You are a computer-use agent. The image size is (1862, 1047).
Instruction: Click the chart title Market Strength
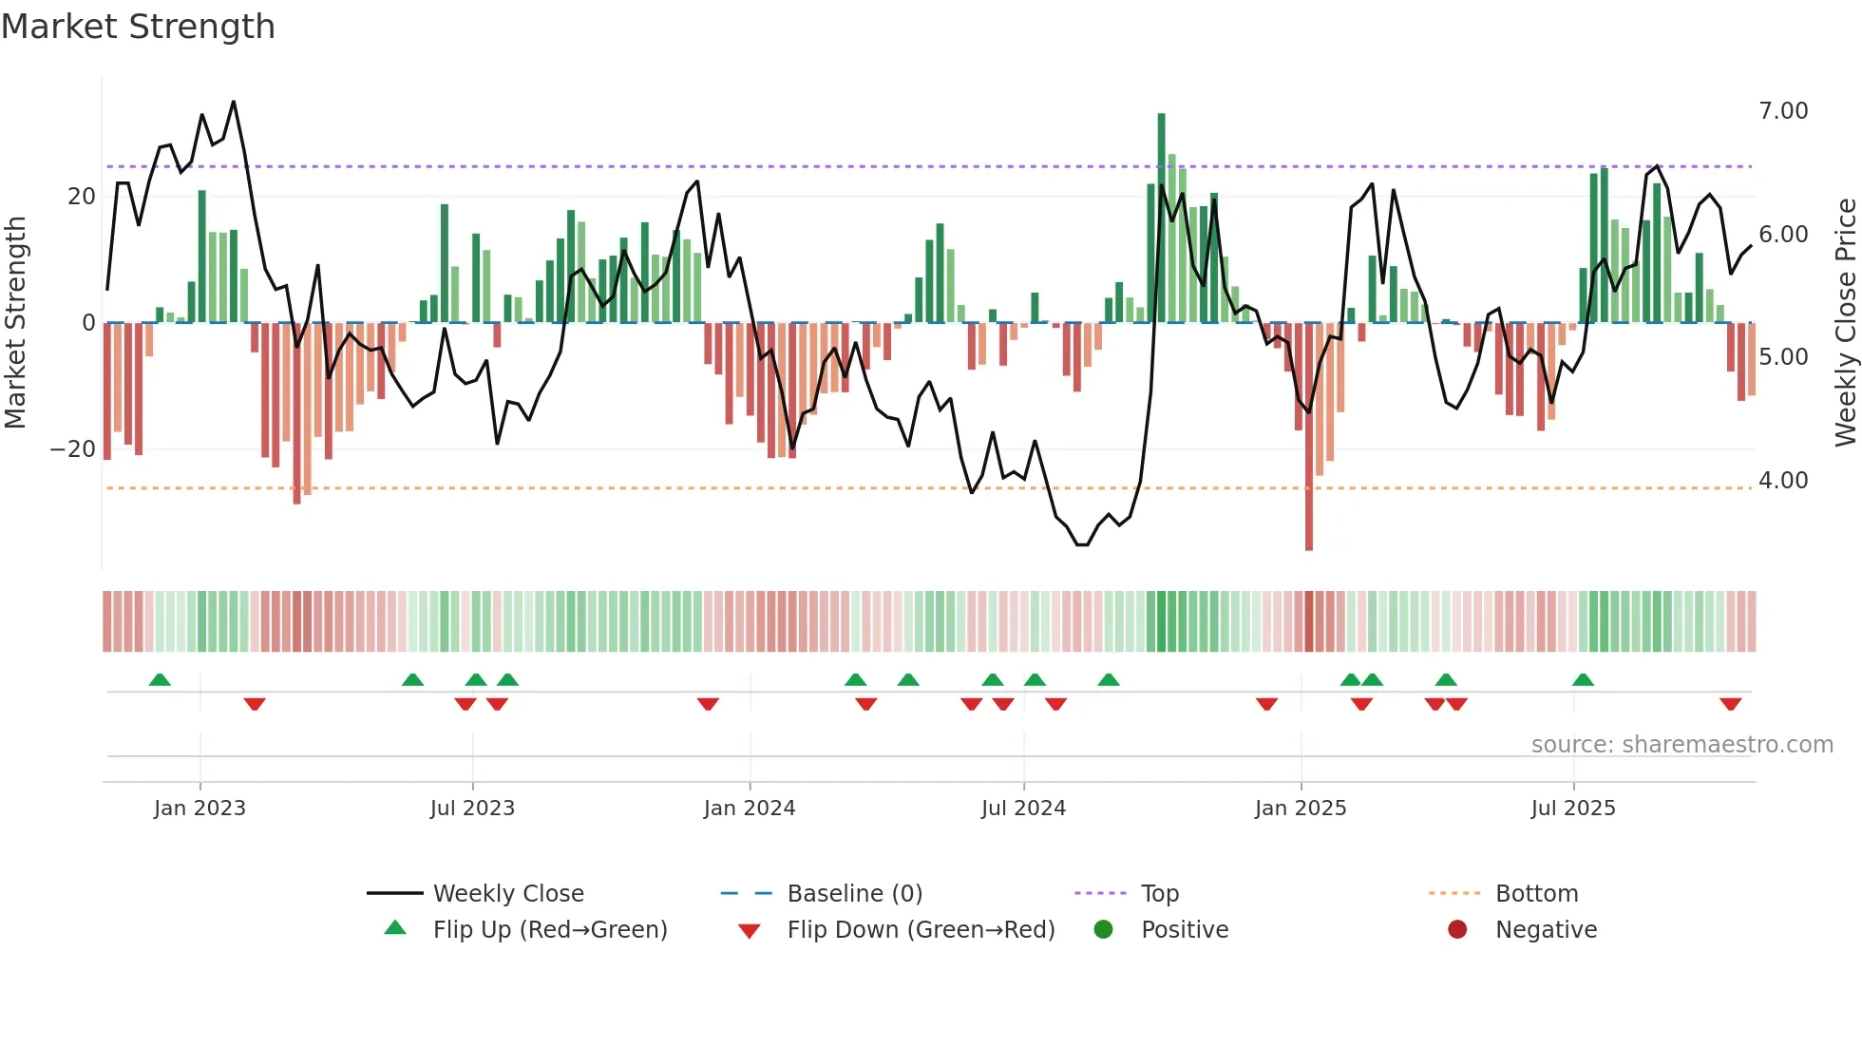click(138, 27)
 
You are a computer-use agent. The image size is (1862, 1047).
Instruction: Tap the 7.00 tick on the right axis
click(1783, 111)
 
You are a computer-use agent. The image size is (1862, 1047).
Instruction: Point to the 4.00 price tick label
click(1783, 481)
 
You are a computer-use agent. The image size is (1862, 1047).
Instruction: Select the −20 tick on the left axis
click(73, 449)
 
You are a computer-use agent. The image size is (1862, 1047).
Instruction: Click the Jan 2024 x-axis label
click(749, 809)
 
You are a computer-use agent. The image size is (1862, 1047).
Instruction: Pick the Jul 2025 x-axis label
click(1572, 809)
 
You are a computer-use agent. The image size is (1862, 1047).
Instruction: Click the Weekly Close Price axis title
click(1845, 323)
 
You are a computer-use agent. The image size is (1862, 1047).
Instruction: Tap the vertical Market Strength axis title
click(15, 323)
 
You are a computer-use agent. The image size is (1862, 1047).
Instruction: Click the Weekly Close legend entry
click(507, 894)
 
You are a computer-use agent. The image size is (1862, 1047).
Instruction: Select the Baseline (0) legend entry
click(854, 894)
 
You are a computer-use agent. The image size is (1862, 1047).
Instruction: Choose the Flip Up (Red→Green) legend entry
click(549, 930)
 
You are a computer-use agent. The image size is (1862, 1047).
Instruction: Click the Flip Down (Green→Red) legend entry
click(920, 930)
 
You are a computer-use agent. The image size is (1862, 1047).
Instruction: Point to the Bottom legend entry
click(1535, 894)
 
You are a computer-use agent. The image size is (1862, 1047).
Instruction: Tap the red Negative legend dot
click(1457, 930)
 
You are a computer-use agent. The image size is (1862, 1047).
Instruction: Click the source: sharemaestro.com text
click(1681, 745)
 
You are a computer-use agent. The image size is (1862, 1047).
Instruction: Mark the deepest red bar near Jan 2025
click(1309, 437)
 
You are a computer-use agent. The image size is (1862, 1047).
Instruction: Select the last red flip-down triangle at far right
click(1730, 704)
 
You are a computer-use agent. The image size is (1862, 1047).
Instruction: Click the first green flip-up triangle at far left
click(160, 679)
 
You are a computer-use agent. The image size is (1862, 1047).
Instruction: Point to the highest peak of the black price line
click(234, 103)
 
